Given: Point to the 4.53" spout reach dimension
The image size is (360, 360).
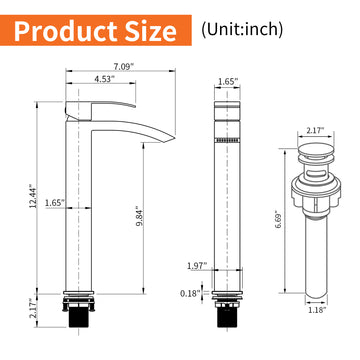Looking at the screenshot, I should (x=102, y=80).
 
